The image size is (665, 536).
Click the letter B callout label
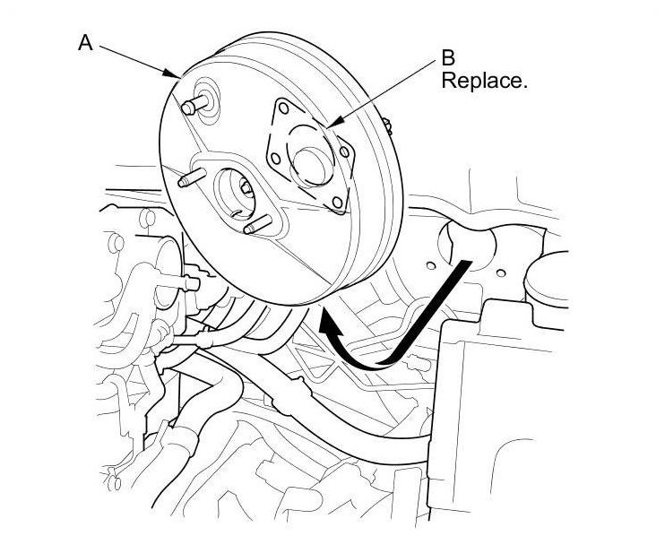(x=446, y=59)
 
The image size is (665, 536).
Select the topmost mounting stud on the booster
(x=189, y=107)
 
